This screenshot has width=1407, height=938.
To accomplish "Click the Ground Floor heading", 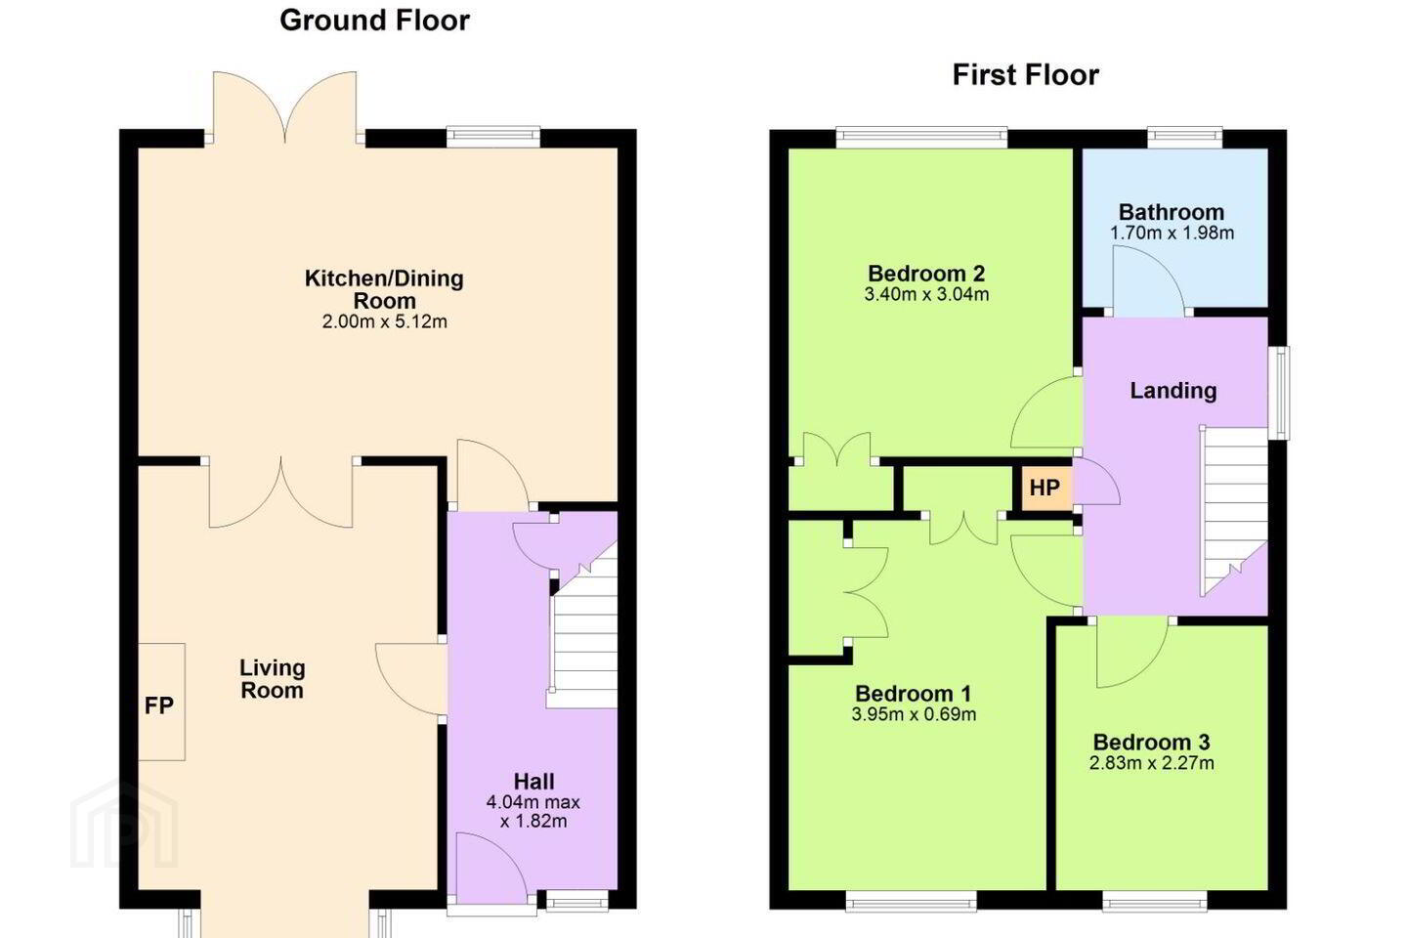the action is click(374, 21).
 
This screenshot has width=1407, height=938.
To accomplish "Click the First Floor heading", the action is click(1025, 75).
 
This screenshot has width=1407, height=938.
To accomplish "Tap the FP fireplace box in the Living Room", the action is click(161, 702).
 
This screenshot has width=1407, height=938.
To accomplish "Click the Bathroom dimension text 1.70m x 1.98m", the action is click(1172, 234).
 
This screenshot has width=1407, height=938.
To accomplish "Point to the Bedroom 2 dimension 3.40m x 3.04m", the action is click(926, 294).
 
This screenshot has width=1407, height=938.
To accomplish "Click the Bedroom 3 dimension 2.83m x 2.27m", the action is click(1151, 763).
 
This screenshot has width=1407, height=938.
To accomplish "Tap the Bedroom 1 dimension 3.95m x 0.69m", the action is click(914, 714).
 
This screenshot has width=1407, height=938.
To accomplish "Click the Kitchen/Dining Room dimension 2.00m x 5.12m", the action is click(384, 321).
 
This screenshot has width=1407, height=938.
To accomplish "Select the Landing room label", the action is click(1172, 391).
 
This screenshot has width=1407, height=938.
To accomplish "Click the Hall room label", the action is click(533, 782).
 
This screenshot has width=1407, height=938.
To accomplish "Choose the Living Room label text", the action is click(272, 679).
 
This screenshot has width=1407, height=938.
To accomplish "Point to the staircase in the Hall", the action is click(584, 628).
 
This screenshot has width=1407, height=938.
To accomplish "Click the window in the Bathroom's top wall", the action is click(1184, 138).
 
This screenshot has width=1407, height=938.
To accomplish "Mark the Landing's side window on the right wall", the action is click(1279, 393).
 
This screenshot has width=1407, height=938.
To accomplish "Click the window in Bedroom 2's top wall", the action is click(921, 138).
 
